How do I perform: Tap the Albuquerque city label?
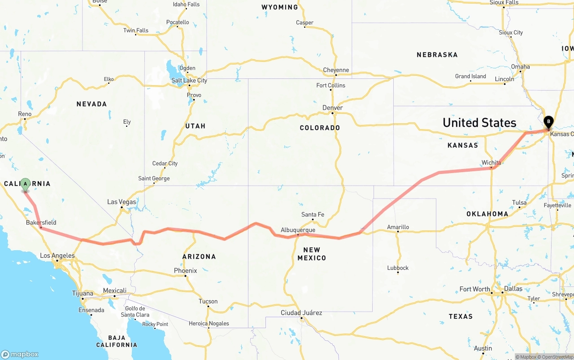tap(298, 230)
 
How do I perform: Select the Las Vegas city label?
tap(122, 202)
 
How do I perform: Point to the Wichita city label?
tap(491, 162)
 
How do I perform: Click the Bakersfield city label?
tap(41, 222)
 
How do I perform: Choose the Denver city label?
tap(332, 108)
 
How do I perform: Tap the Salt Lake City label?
tap(189, 80)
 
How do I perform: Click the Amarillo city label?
tap(398, 227)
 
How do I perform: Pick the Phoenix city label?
tap(186, 270)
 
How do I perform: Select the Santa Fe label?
tap(313, 214)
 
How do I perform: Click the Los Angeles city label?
tap(57, 256)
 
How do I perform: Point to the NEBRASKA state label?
tap(437, 55)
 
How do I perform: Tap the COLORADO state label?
tap(320, 128)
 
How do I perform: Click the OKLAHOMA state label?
tap(487, 214)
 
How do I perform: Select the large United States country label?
tap(479, 122)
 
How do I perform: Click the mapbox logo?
tap(20, 354)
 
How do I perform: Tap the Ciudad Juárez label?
tap(301, 312)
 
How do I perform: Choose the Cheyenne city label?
tap(336, 70)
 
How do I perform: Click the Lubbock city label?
tap(398, 268)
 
